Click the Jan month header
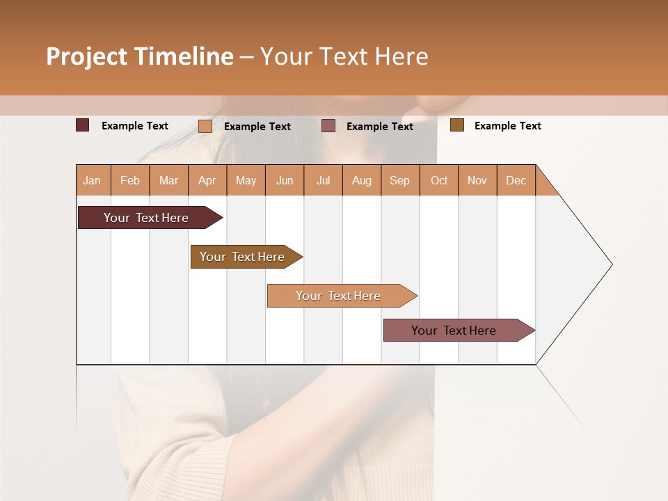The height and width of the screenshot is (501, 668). pyautogui.click(x=93, y=180)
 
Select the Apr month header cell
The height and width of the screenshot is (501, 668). pyautogui.click(x=207, y=180)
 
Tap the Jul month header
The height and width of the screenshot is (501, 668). pyautogui.click(x=323, y=180)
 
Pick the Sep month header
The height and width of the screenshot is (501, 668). pyautogui.click(x=400, y=180)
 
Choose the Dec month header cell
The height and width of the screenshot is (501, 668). pyautogui.click(x=516, y=180)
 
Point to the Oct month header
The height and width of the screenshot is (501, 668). pyautogui.click(x=439, y=180)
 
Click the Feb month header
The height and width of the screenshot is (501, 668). pyautogui.click(x=130, y=180)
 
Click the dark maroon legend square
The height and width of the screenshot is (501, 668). pyautogui.click(x=83, y=125)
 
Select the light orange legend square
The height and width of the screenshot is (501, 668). pyautogui.click(x=205, y=126)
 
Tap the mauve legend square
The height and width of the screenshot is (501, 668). pyautogui.click(x=328, y=126)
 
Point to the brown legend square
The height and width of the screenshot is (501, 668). pyautogui.click(x=456, y=125)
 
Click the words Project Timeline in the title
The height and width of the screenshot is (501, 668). pyautogui.click(x=139, y=56)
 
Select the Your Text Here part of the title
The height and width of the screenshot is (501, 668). pyautogui.click(x=344, y=56)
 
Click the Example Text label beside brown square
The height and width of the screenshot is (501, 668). pyautogui.click(x=507, y=126)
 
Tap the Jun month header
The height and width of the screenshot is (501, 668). pyautogui.click(x=285, y=180)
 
